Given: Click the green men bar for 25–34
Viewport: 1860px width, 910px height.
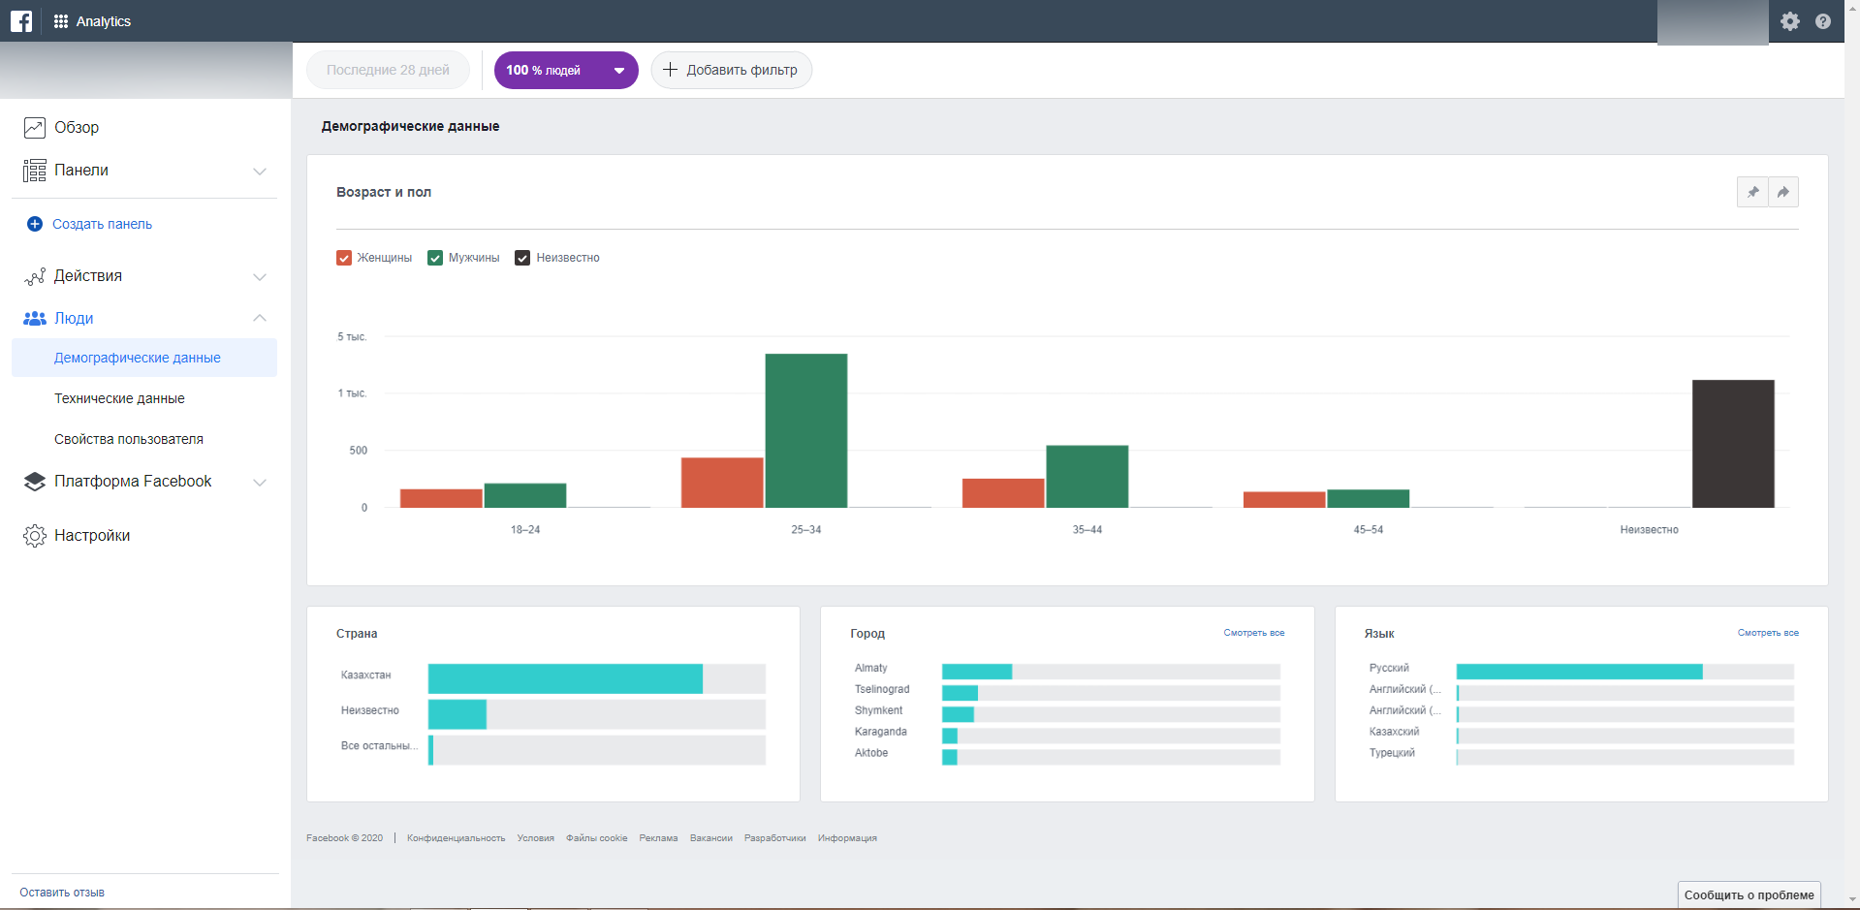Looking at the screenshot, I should (x=805, y=430).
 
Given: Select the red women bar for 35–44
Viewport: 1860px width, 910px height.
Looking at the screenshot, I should (x=1002, y=493).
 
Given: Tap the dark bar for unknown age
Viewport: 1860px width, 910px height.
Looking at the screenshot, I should (x=1732, y=444).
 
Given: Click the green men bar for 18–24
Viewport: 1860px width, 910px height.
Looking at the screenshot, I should (x=524, y=495).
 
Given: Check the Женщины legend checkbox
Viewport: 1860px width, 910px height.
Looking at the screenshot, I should (x=344, y=258).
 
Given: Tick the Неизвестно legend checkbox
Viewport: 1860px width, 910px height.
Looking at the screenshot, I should (x=522, y=258).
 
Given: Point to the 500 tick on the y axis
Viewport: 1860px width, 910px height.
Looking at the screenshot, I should (x=358, y=451).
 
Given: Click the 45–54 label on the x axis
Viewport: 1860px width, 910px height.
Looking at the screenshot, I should (x=1368, y=530).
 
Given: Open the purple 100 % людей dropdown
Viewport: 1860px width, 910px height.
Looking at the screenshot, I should (x=566, y=70).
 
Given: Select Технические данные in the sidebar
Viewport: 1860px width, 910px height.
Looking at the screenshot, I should (x=119, y=398).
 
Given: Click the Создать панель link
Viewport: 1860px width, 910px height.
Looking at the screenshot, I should (x=102, y=224).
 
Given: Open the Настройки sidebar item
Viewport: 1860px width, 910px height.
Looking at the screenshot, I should (x=92, y=535).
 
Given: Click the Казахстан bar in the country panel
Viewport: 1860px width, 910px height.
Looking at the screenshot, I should (x=565, y=678).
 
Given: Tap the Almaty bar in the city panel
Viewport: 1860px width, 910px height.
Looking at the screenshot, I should (x=976, y=671).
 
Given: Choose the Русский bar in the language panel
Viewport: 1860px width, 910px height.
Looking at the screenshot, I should (x=1578, y=671).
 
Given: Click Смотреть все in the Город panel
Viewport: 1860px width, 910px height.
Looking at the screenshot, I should (x=1253, y=633).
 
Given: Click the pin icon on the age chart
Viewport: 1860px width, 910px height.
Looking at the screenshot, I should (x=1752, y=192).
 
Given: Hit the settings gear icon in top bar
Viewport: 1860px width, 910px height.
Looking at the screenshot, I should (x=1789, y=21).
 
